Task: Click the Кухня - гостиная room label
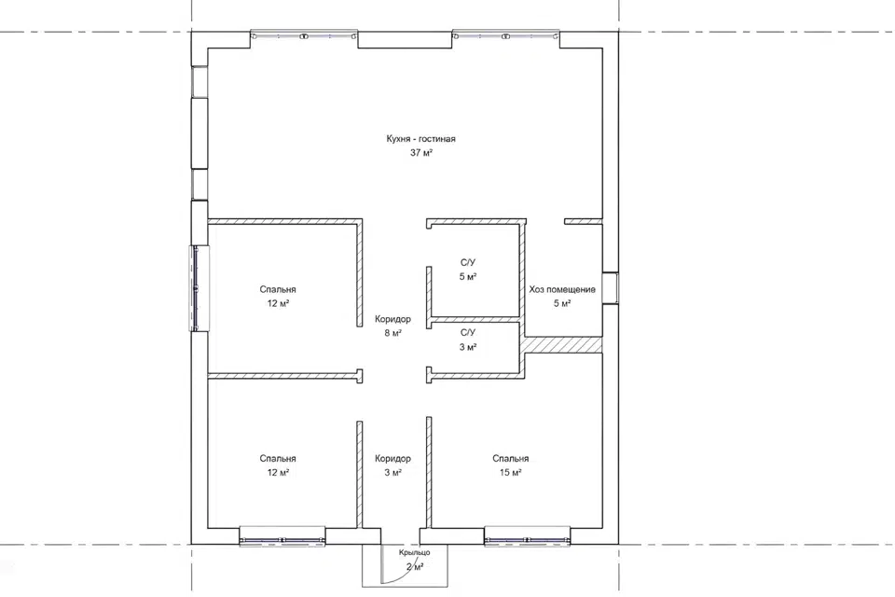(x=420, y=139)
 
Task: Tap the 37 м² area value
(x=420, y=153)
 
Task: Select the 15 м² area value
(x=510, y=472)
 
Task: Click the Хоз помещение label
(x=562, y=290)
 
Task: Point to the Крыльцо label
(x=414, y=552)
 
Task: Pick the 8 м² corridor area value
(x=392, y=333)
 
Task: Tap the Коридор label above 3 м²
(x=392, y=458)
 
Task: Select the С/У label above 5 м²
(x=467, y=263)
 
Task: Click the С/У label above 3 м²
(x=467, y=332)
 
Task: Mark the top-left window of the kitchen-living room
(x=304, y=35)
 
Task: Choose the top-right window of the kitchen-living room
(x=505, y=35)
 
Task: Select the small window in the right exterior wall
(x=610, y=287)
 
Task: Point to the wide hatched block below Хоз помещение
(x=563, y=345)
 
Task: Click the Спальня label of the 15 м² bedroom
(x=510, y=458)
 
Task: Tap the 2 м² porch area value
(x=414, y=567)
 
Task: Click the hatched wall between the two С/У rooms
(x=475, y=319)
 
